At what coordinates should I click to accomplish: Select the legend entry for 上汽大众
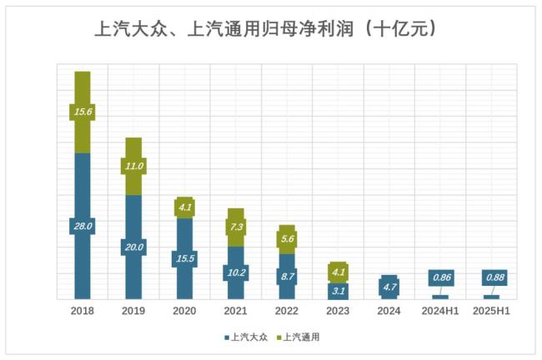click(247, 337)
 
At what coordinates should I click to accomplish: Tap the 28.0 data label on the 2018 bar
click(82, 226)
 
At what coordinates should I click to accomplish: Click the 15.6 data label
click(82, 112)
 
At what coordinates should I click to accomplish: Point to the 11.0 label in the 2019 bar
click(133, 166)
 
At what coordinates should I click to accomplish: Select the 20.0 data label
click(133, 247)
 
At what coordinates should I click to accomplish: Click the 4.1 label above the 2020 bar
click(184, 207)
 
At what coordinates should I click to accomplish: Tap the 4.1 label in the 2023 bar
click(338, 272)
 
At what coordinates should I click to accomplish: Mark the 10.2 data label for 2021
click(235, 272)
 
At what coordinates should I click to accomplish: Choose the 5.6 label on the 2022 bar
click(286, 238)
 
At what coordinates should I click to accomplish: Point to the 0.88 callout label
click(494, 277)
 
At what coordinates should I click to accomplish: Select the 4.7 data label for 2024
click(389, 287)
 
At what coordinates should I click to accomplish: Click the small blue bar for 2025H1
click(491, 297)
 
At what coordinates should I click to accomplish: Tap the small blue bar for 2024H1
click(439, 297)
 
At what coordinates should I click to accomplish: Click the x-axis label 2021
click(235, 311)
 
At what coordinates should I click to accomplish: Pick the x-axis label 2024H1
click(439, 311)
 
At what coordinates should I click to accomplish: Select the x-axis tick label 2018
click(82, 311)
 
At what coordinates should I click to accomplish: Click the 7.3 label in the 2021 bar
click(235, 227)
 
